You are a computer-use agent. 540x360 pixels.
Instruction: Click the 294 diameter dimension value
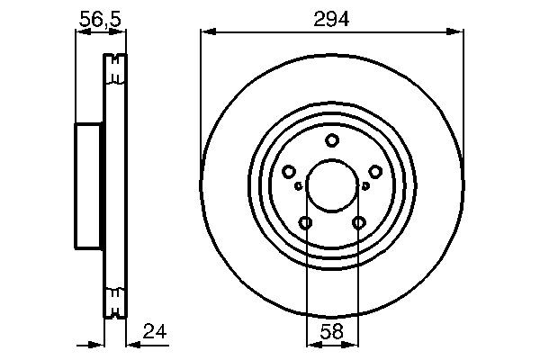click(x=332, y=16)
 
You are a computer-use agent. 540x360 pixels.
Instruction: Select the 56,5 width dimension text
click(x=100, y=16)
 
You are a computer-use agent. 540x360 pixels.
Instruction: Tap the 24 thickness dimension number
click(x=155, y=331)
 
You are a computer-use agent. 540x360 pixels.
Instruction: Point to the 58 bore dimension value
click(x=332, y=331)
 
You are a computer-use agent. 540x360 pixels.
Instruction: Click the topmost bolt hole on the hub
click(x=332, y=139)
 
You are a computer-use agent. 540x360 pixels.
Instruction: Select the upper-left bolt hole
click(x=289, y=172)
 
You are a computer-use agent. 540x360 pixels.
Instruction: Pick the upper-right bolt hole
click(x=375, y=172)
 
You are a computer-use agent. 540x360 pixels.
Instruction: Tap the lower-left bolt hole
click(x=306, y=223)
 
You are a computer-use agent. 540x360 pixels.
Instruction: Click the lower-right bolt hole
click(x=359, y=223)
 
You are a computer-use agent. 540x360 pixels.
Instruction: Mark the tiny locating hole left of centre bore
click(x=298, y=186)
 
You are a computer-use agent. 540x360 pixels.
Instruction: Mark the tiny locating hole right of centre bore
click(x=365, y=186)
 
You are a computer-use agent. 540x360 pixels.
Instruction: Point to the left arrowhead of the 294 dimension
click(x=206, y=31)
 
